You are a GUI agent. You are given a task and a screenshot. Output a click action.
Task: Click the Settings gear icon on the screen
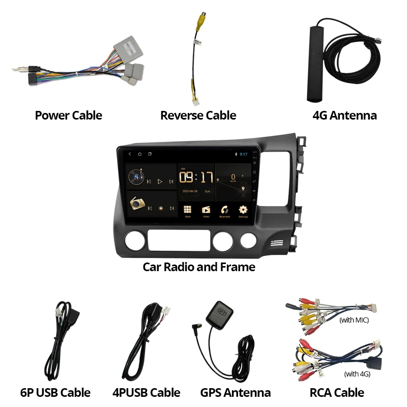[243, 210]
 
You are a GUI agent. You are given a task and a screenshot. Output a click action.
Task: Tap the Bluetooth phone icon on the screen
[224, 210]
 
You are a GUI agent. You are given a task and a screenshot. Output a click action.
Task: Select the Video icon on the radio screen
[206, 210]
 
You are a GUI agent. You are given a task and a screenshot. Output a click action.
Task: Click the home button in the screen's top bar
[139, 154]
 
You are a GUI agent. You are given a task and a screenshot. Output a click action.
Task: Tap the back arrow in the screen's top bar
[130, 154]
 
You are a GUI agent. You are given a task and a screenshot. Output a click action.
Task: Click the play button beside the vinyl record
[160, 181]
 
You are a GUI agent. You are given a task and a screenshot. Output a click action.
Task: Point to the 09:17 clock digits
[195, 178]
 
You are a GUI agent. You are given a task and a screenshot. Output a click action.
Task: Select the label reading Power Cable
[68, 115]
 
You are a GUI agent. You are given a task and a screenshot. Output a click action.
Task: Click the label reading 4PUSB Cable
[146, 393]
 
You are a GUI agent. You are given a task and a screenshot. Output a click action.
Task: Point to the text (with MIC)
[354, 321]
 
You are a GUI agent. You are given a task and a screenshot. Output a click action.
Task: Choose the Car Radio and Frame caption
[199, 267]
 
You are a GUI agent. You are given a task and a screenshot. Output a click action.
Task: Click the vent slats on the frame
[277, 243]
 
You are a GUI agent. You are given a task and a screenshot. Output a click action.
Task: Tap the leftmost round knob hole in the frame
[136, 241]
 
